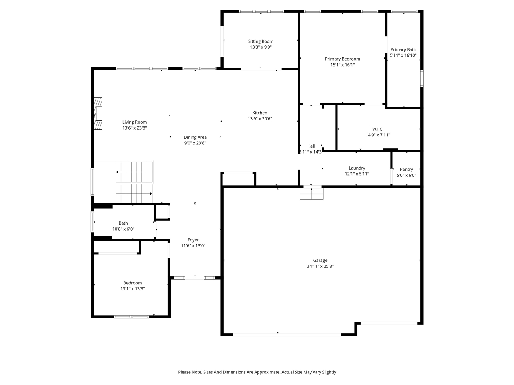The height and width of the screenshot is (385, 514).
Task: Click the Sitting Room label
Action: (x=261, y=41)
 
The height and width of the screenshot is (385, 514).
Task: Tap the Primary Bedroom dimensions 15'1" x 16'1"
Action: (x=343, y=65)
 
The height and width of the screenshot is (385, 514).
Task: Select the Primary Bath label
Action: (x=403, y=50)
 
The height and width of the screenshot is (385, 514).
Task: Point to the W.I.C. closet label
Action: (x=377, y=129)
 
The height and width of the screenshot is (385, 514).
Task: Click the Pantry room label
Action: (x=406, y=170)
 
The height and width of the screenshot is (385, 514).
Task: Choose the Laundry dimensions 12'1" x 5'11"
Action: (x=357, y=174)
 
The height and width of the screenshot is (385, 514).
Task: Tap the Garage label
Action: (x=320, y=261)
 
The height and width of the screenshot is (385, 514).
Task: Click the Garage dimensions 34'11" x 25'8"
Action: (x=320, y=266)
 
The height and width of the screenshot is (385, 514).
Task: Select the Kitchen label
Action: (x=260, y=113)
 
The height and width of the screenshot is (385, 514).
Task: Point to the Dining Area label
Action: (x=195, y=138)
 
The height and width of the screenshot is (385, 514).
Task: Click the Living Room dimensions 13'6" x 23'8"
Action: (x=135, y=128)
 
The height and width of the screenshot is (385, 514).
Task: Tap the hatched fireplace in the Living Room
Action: (x=98, y=114)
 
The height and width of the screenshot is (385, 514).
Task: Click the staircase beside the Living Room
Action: (x=135, y=182)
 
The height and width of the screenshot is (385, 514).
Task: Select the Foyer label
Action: (x=193, y=240)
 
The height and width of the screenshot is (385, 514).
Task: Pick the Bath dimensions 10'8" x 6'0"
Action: (x=123, y=229)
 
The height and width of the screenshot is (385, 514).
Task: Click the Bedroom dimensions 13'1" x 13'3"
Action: (x=133, y=289)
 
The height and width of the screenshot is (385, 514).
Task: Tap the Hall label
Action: (x=311, y=146)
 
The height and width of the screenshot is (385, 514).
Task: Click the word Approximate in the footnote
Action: (x=265, y=372)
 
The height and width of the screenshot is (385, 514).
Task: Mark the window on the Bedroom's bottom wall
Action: (x=131, y=317)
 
